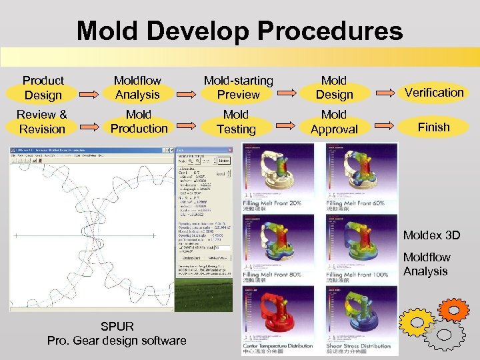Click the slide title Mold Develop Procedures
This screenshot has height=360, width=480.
239,30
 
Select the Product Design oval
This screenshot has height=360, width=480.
43,88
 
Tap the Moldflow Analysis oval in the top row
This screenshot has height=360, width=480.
137,88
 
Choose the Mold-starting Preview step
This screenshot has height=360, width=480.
238,88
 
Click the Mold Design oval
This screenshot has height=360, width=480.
334,88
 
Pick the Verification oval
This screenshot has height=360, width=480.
434,93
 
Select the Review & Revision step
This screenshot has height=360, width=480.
42,122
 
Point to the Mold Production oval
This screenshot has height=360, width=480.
139,122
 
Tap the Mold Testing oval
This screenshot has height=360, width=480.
236,122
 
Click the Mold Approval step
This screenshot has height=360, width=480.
334,122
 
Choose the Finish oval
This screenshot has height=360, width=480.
434,127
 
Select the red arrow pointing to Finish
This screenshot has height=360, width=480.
387,124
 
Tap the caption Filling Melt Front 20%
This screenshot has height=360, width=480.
272,203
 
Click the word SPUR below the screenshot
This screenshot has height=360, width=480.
117,327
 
